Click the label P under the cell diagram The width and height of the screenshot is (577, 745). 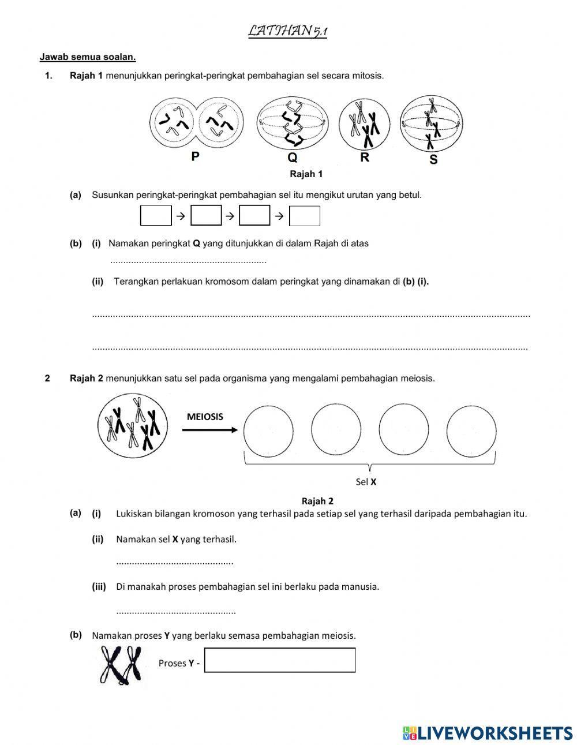coord(196,156)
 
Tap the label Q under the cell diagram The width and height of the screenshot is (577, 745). coord(293,158)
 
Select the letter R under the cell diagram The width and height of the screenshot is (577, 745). coord(365,157)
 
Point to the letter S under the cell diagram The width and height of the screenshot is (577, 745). coord(433,159)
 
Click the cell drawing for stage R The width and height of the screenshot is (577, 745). coord(364,124)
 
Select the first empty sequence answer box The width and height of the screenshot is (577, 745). coord(156,216)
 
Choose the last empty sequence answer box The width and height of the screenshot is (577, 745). coord(304,216)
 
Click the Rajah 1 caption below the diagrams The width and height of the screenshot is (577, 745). coord(306,174)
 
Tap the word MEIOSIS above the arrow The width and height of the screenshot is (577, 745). coord(205,417)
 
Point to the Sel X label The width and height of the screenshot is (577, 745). coord(366,482)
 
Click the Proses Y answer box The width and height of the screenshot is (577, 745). coord(280,660)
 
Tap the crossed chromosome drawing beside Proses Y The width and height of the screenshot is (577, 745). coord(122,664)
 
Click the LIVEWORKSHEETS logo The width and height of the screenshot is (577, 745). coord(488,732)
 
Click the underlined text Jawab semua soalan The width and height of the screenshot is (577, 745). coord(88,57)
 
